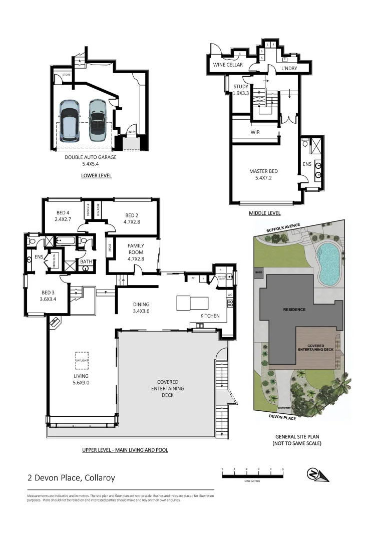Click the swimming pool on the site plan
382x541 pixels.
pos(328,262)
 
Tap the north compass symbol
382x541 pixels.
pos(317,474)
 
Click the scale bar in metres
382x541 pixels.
pos(253,473)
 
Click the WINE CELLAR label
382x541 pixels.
pos(228,65)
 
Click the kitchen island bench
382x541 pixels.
pos(192,303)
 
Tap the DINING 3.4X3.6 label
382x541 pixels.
pos(141,308)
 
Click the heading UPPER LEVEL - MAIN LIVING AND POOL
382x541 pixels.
pos(125,450)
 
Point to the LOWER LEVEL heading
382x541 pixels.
pos(96,176)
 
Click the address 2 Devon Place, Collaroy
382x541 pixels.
pos(71,478)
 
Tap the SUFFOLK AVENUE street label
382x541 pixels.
pos(283,228)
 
